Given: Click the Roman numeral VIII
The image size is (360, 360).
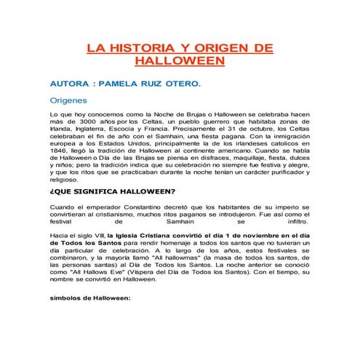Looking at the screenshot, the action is click(89, 236).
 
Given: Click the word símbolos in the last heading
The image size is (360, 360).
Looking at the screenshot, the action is click(68, 298).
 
